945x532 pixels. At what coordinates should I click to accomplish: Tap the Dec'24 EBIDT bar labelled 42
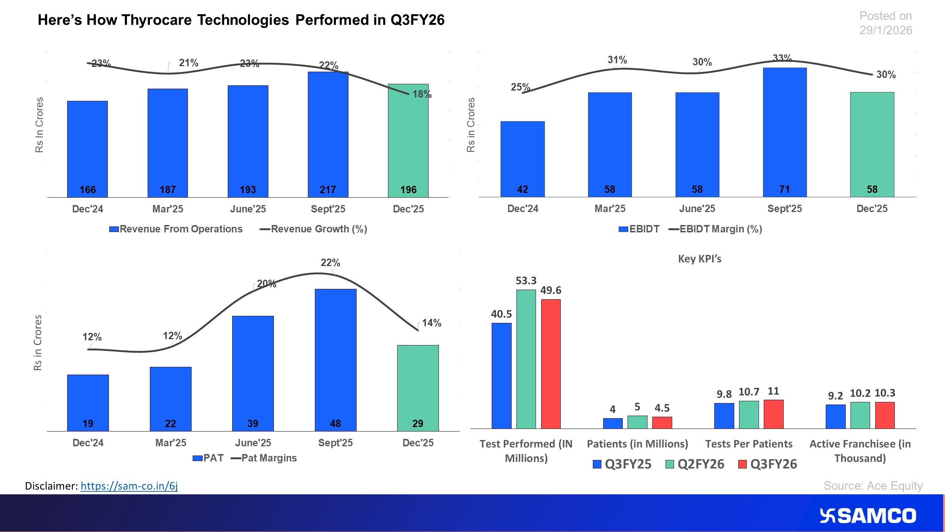click(x=522, y=159)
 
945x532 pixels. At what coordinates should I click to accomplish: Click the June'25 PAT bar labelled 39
click(x=253, y=373)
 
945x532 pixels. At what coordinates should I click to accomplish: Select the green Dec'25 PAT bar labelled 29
click(x=417, y=388)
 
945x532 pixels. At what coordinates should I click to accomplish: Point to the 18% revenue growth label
click(x=422, y=95)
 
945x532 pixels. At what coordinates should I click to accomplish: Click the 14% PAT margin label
click(x=432, y=323)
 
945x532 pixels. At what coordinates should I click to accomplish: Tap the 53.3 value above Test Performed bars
click(x=526, y=281)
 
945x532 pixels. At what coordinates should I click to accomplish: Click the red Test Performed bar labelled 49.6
click(x=551, y=364)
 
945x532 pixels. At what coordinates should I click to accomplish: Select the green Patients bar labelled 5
click(x=637, y=422)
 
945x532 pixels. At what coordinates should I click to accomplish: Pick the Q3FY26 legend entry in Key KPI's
click(x=768, y=464)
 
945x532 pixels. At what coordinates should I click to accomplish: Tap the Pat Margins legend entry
click(x=264, y=458)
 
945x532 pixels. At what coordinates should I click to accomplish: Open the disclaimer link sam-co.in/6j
click(x=129, y=486)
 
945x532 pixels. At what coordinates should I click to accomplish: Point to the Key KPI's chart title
click(x=700, y=259)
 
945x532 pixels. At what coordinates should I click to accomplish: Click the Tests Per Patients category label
click(x=749, y=444)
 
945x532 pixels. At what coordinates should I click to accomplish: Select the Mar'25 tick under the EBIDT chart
click(x=610, y=209)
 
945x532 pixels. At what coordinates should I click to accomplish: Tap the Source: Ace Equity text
click(x=873, y=485)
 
